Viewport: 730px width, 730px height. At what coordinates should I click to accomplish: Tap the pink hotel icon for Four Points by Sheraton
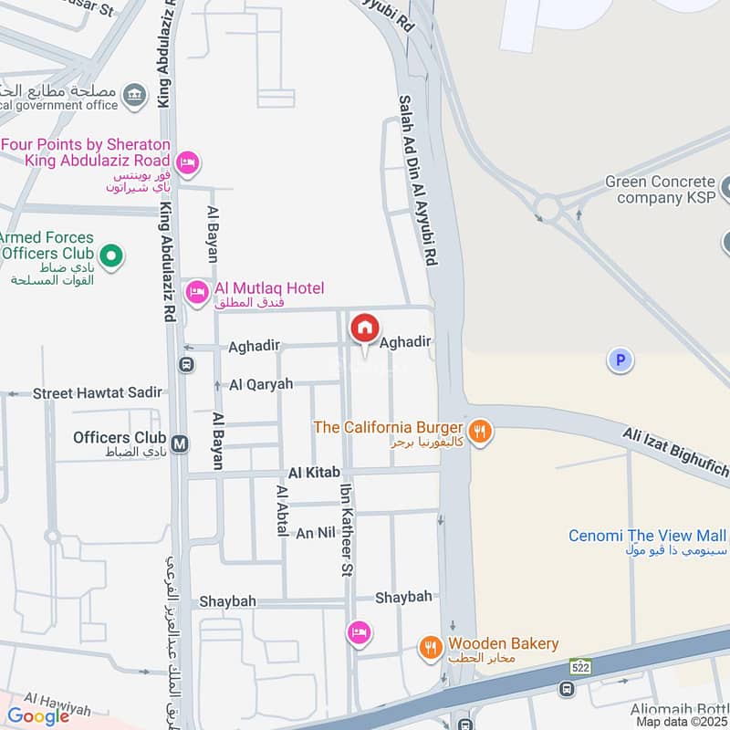click(187, 162)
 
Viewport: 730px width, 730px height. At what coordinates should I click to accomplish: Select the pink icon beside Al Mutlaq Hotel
click(195, 292)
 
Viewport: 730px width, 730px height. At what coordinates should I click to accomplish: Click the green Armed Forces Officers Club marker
click(111, 256)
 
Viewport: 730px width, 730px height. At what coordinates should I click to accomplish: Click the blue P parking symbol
click(620, 361)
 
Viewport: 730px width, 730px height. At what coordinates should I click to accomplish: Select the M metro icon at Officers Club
click(181, 443)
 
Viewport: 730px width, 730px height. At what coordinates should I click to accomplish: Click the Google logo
click(38, 716)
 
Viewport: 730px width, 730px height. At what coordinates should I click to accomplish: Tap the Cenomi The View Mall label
click(648, 536)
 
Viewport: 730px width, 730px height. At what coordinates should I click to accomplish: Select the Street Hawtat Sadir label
click(98, 392)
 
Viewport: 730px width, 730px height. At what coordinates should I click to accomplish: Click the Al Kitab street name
click(314, 473)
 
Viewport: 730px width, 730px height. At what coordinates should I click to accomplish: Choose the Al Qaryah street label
click(261, 384)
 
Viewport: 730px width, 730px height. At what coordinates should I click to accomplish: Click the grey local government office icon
click(135, 94)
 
